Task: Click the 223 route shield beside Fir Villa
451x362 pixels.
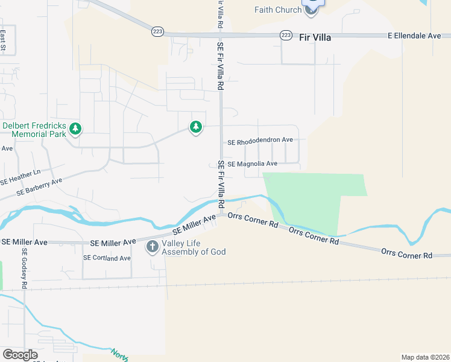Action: (286, 36)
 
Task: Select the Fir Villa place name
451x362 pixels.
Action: (315, 37)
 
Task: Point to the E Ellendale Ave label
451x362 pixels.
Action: (414, 36)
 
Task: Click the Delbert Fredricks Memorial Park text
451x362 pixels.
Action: (34, 130)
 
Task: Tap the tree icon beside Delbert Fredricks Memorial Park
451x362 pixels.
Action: (75, 129)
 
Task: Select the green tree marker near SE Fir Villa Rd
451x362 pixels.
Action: (195, 127)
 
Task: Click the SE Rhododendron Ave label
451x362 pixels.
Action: (260, 141)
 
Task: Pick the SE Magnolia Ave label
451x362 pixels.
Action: (253, 164)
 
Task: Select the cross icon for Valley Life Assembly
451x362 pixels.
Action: (152, 246)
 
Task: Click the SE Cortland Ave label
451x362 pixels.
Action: (107, 258)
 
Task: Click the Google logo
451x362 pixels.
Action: (20, 354)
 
